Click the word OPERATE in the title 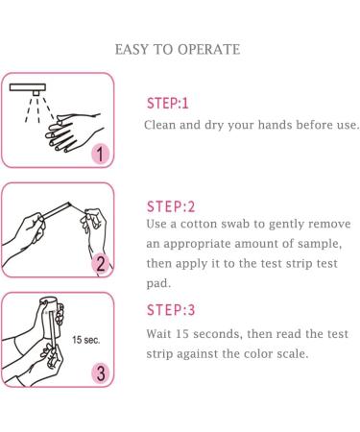click(208, 50)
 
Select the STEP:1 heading click(168, 104)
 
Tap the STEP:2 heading click(171, 206)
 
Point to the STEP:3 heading click(171, 310)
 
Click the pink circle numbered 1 click(100, 154)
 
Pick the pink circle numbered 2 click(101, 264)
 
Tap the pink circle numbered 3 click(101, 373)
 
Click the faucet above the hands click(28, 88)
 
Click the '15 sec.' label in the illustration click(86, 340)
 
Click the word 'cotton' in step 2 click(199, 224)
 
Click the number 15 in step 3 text click(182, 334)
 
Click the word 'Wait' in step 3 click(158, 334)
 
